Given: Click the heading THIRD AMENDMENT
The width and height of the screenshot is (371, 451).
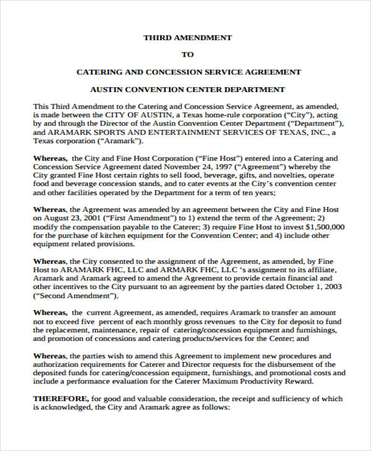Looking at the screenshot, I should [x=187, y=38].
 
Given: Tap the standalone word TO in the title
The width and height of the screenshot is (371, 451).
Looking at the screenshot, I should [x=187, y=55].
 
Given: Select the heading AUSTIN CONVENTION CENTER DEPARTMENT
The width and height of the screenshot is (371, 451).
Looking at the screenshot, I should [x=187, y=90].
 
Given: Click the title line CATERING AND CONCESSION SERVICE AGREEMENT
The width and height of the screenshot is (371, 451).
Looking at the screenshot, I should [x=188, y=72].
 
